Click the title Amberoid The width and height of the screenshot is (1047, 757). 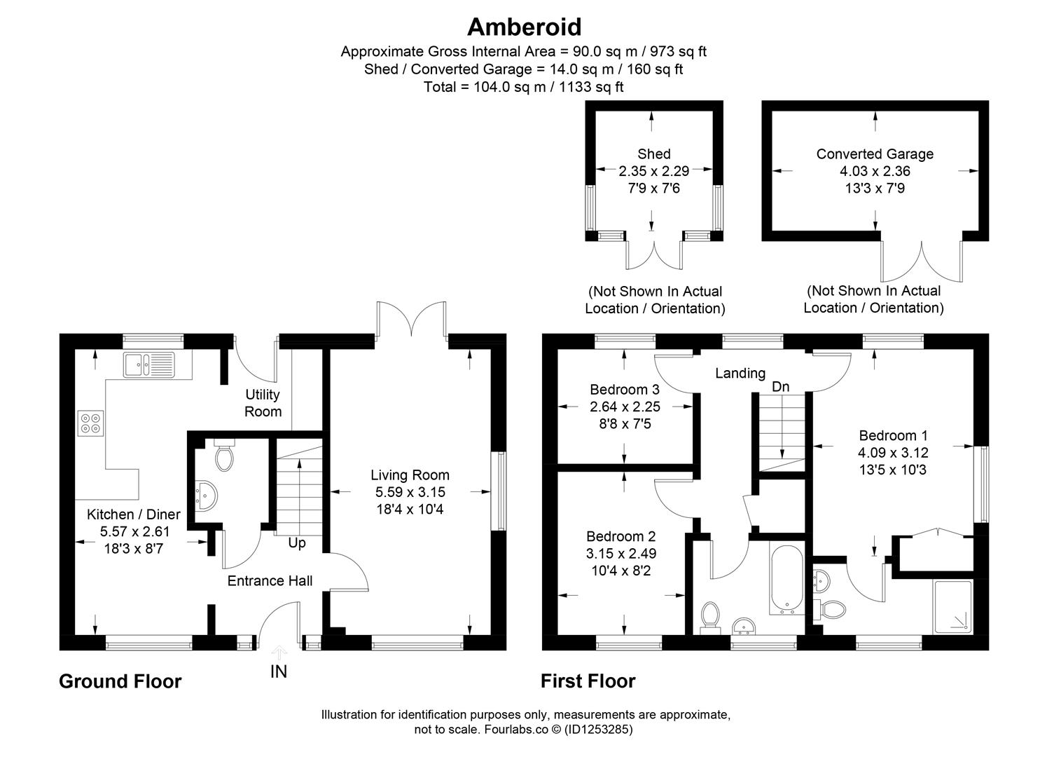pos(524,27)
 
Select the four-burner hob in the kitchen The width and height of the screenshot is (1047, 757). pos(90,423)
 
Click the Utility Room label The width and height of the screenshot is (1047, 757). pos(263,403)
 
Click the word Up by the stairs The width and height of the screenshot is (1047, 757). pos(297,543)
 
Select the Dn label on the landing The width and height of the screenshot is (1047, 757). pos(780,387)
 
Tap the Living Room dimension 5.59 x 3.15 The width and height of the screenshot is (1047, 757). pos(410,492)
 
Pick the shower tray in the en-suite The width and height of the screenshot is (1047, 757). pos(953,606)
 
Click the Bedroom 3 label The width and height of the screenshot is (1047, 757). pos(625,390)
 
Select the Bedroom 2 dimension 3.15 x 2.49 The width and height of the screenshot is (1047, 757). pos(620,554)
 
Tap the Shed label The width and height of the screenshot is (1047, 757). pos(653,154)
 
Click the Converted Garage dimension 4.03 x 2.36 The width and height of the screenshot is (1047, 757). pos(875,171)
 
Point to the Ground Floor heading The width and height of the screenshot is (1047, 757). pos(120,681)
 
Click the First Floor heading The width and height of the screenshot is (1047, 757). pos(588,681)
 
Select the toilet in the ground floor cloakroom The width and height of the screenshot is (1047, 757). pos(224,456)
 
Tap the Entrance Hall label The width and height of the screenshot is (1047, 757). pos(270,580)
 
